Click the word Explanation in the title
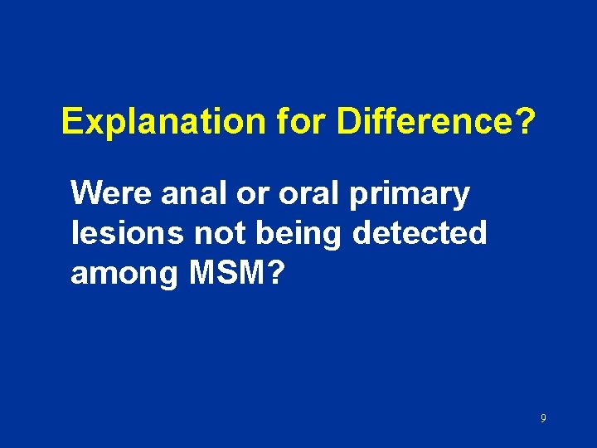pos(156,123)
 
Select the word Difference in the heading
pos(421,123)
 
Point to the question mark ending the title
pos(524,123)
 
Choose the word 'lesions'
pos(127,233)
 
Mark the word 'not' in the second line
pos(217,233)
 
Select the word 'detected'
pos(420,233)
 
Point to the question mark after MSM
pos(276,273)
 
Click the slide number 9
pos(543,419)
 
